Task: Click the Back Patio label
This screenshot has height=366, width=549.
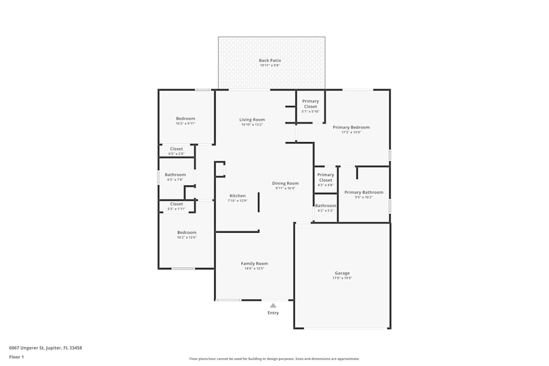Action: (270, 60)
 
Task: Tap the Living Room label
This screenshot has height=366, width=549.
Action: (252, 120)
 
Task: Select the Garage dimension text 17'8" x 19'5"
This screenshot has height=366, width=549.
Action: (342, 278)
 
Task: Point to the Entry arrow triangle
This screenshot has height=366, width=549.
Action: (273, 305)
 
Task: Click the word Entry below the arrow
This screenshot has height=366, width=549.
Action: (273, 313)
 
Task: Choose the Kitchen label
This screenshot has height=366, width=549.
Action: (238, 196)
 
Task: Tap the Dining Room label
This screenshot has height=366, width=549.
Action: (285, 183)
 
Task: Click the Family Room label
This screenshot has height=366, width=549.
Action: (254, 263)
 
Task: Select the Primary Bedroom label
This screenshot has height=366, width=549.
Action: (351, 127)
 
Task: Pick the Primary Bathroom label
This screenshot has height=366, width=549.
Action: (364, 193)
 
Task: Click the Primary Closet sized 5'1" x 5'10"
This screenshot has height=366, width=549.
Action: (310, 104)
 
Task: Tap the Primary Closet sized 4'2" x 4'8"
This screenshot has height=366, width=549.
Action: (326, 177)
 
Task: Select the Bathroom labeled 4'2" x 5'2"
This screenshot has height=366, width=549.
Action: (326, 206)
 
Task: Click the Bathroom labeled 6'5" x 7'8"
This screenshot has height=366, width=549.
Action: (175, 175)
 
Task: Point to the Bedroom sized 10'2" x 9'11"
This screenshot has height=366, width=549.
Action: (186, 119)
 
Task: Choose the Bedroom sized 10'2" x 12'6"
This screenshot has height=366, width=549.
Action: (186, 233)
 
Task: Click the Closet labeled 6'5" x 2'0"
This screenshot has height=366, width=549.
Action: (176, 149)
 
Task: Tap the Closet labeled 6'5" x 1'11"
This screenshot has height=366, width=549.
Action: (176, 204)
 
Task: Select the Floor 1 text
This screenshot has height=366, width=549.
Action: (16, 357)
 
